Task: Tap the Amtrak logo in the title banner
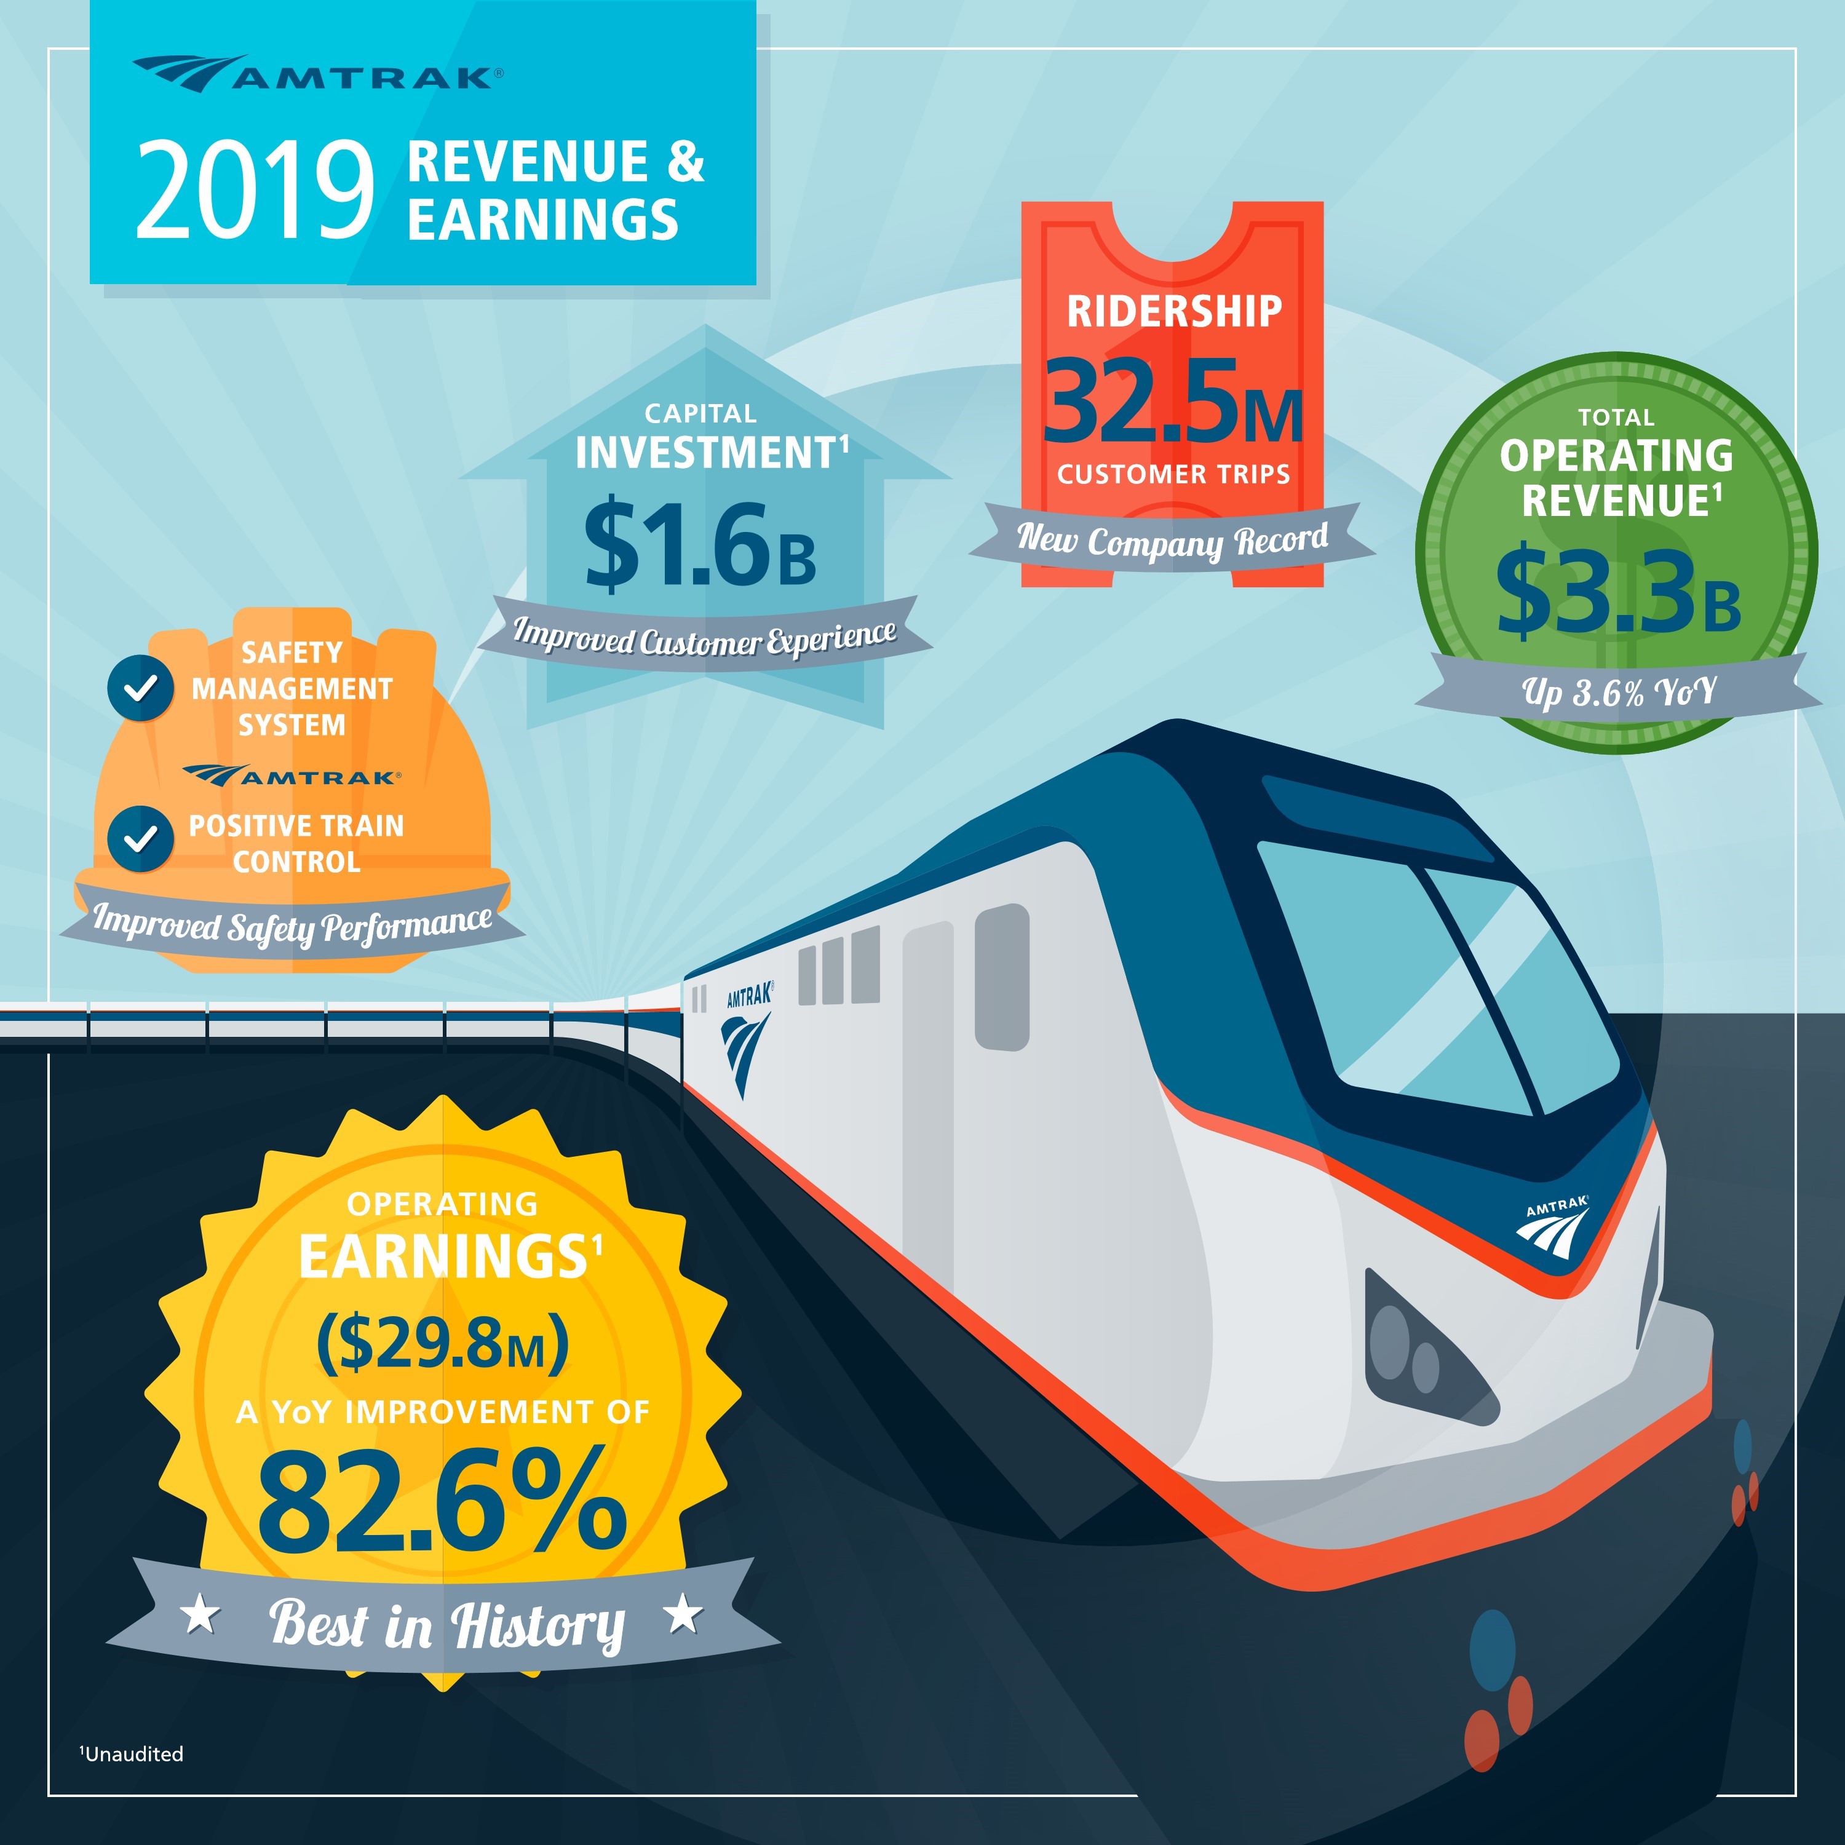pos(318,74)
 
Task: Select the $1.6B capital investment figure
pos(700,546)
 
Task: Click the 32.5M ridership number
pos(1173,402)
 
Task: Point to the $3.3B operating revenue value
pos(1617,592)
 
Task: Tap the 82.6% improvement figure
pos(442,1500)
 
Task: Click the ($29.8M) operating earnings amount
pos(442,1342)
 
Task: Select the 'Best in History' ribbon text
pos(447,1624)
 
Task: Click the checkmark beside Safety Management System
pos(140,688)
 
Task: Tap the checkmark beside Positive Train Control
pos(140,838)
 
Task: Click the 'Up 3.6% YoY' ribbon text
pos(1619,691)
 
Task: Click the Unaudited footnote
pos(132,1754)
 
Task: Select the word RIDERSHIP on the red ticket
pos(1173,311)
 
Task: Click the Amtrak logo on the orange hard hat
pos(292,776)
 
